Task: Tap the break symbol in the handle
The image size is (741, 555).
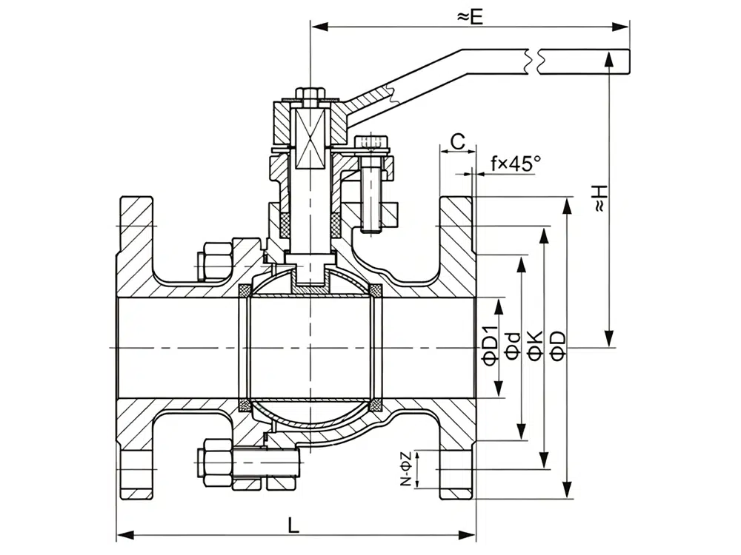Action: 536,61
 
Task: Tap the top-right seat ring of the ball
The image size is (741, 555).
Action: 375,289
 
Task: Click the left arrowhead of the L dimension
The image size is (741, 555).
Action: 122,534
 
